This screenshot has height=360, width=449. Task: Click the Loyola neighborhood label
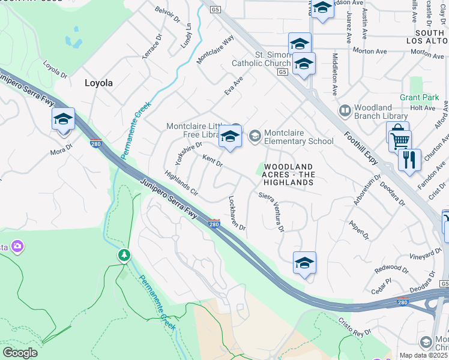(98, 83)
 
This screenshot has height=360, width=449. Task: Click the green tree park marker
(124, 256)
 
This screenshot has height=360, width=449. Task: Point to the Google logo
(20, 352)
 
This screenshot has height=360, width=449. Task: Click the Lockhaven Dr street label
(237, 213)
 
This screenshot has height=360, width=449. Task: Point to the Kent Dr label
(212, 161)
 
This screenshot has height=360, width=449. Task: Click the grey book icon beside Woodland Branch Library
(345, 110)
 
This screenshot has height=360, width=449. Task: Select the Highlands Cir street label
(181, 183)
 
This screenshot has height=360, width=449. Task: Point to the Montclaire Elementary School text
(299, 137)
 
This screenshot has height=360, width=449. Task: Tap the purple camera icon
(17, 246)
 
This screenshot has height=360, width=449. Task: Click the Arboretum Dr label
(367, 191)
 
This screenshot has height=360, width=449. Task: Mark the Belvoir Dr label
(167, 14)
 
